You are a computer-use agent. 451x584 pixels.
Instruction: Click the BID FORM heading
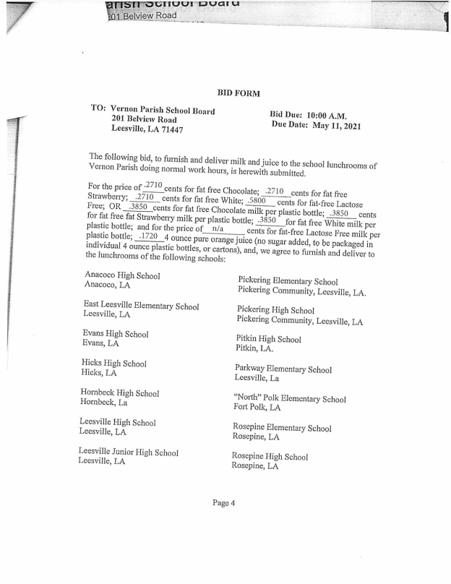click(x=238, y=93)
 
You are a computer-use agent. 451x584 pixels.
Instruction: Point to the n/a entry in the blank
click(x=216, y=229)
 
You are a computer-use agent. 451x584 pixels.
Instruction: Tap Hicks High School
click(x=114, y=364)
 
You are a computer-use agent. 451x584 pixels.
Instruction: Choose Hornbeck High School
click(x=119, y=393)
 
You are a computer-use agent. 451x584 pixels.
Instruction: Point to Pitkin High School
click(x=268, y=338)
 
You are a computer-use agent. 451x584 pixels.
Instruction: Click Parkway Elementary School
click(x=283, y=369)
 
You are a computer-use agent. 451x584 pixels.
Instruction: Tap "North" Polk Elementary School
click(x=289, y=399)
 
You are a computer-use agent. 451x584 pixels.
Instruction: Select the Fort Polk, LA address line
click(x=257, y=408)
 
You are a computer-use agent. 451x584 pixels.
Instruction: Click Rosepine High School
click(x=270, y=457)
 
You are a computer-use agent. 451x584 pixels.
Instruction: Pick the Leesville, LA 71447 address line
click(x=147, y=129)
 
